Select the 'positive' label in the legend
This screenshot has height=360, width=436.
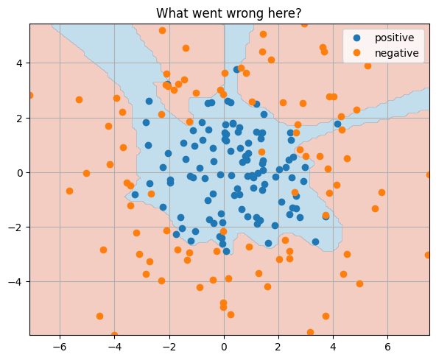394,38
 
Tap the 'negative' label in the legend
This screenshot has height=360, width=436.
396,53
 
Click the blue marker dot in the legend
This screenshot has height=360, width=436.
357,38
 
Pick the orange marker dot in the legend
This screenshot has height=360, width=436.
357,53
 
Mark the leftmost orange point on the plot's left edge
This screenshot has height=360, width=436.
29,95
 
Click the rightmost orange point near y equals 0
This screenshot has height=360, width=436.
429,174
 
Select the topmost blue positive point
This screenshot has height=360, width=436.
237,69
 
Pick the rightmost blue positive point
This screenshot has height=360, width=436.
337,124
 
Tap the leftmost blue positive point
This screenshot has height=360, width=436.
135,195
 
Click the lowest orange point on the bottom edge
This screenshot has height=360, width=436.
114,335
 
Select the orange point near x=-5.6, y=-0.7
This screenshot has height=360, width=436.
69,191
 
